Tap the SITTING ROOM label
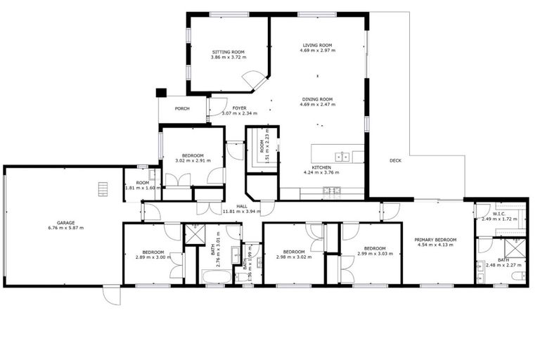229,52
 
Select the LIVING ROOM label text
317,45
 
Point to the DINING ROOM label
317,99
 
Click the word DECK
395,160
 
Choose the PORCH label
182,108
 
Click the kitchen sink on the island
342,156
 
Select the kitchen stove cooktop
331,190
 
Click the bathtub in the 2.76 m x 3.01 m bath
216,276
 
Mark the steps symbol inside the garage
103,188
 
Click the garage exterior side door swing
111,295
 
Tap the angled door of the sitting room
255,84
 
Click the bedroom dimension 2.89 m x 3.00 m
149,257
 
